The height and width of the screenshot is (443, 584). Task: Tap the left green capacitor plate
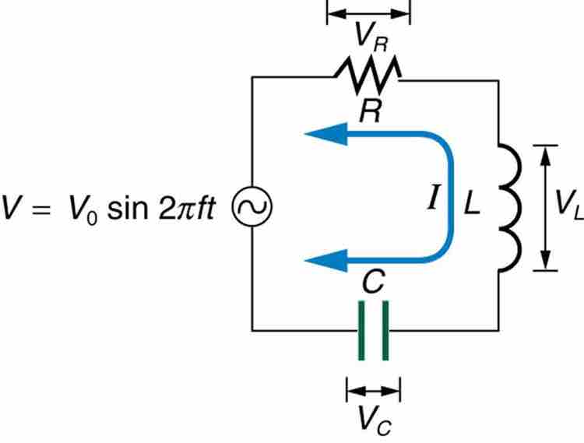pyautogui.click(x=361, y=331)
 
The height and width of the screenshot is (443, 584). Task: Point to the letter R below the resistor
pyautogui.click(x=370, y=113)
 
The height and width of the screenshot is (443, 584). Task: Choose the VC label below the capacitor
pyautogui.click(x=373, y=420)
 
